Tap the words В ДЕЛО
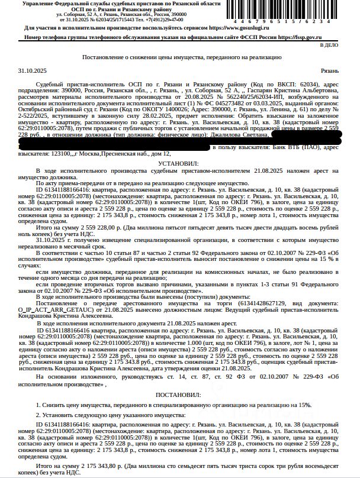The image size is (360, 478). [x=329, y=45]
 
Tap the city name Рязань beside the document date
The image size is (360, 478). [x=329, y=70]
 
